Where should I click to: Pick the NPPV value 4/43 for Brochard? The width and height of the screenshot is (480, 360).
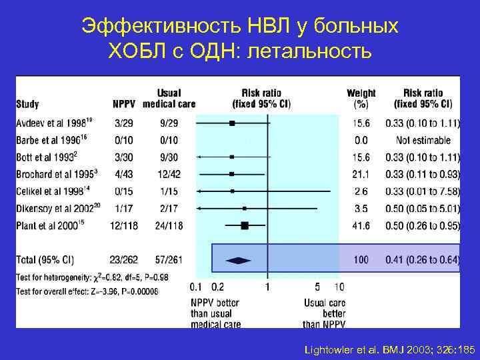(123, 175)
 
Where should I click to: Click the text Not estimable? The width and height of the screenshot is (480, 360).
(423, 141)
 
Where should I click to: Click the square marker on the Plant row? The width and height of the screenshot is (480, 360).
(244, 226)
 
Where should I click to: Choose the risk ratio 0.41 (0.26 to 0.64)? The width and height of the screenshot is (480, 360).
(423, 260)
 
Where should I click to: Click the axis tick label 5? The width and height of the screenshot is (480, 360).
(317, 287)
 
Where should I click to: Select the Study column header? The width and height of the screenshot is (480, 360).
(27, 104)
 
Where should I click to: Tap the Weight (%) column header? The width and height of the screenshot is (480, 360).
(361, 98)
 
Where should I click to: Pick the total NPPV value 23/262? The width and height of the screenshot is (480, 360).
(125, 260)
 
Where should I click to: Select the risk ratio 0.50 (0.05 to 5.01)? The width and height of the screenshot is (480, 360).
(423, 209)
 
